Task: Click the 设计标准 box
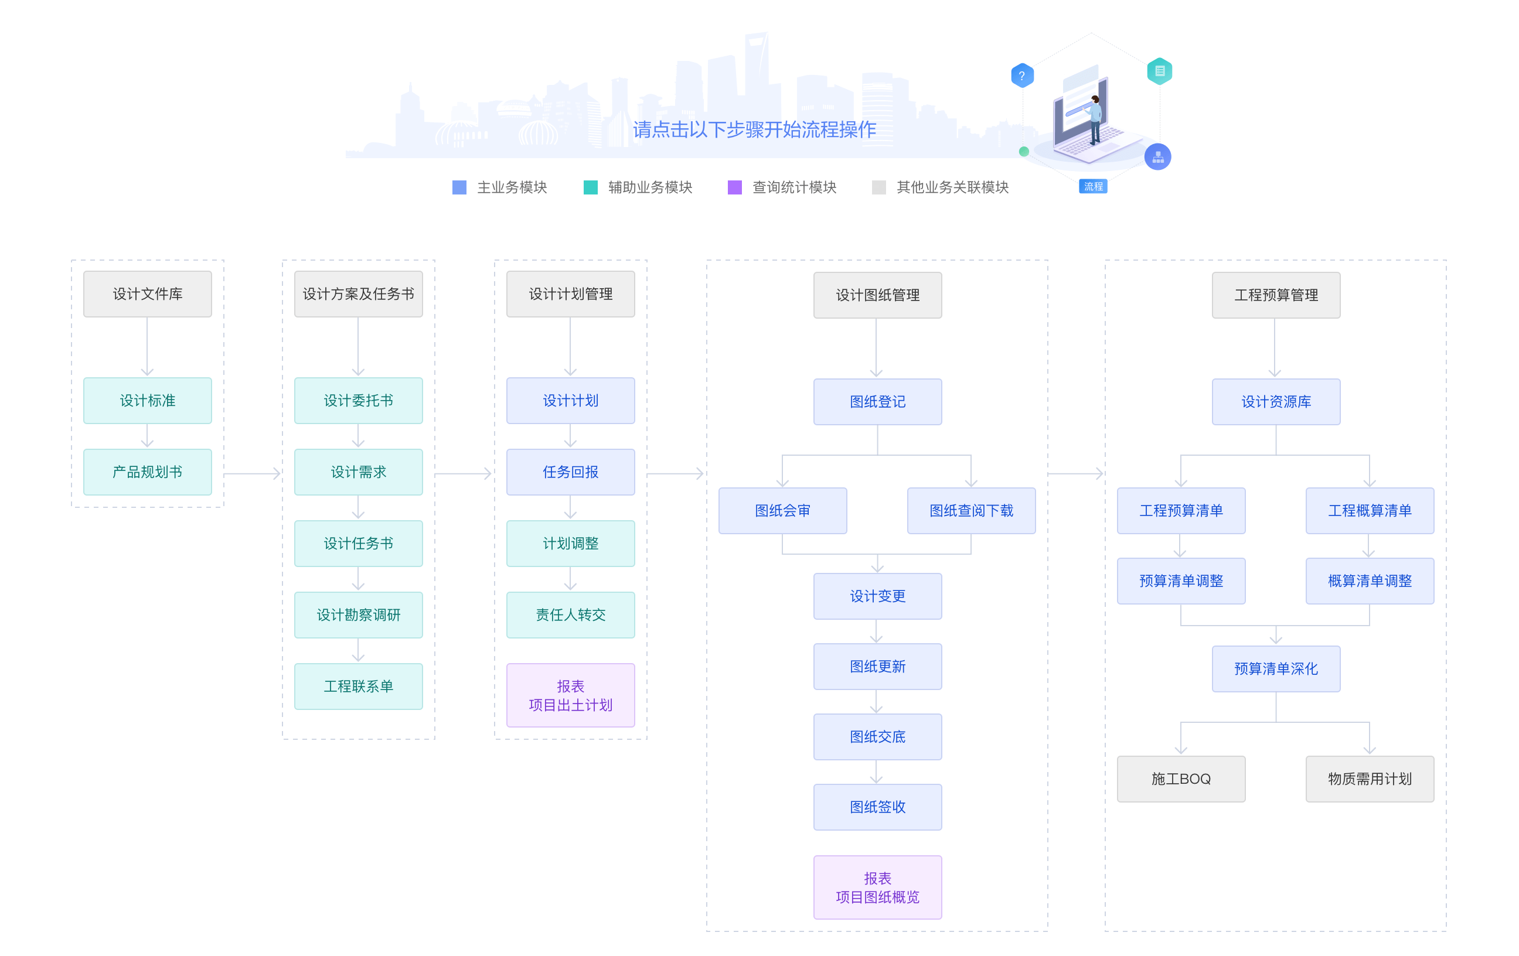[x=147, y=401]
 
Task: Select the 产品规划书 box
[x=147, y=472]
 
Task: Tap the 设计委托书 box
[x=358, y=401]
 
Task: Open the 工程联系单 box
[x=358, y=686]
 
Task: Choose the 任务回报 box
[x=570, y=472]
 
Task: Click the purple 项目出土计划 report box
[x=570, y=695]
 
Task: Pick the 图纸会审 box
[x=782, y=510]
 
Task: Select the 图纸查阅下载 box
[x=971, y=510]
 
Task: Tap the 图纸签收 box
[x=877, y=807]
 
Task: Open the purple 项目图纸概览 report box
[x=877, y=887]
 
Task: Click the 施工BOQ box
[x=1181, y=779]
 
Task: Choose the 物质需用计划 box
[x=1370, y=779]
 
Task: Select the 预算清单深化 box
[x=1276, y=668]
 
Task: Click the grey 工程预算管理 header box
[x=1276, y=295]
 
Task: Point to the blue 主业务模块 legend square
[x=459, y=187]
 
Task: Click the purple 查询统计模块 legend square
[x=734, y=187]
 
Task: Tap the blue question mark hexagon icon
[x=1022, y=76]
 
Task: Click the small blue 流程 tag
[x=1093, y=187]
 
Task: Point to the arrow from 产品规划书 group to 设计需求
[x=253, y=473]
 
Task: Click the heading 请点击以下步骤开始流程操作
[x=754, y=129]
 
